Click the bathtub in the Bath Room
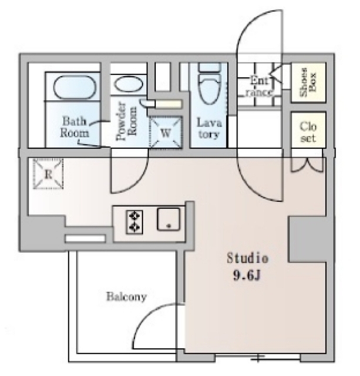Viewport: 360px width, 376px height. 75,88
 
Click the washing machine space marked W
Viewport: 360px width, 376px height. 166,132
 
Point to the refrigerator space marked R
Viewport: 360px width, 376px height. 48,174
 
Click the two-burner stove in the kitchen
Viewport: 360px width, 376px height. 134,222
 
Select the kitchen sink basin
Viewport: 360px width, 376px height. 169,219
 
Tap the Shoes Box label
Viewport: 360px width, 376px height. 308,82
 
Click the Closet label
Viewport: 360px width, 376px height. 308,132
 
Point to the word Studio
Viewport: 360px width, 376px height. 248,258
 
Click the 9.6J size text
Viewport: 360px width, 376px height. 247,276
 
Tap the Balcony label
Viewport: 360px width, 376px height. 126,297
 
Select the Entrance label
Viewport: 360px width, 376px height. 259,86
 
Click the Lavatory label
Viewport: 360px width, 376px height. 209,128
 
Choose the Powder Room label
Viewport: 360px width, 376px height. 126,122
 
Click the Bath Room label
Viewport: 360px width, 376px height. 75,127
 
